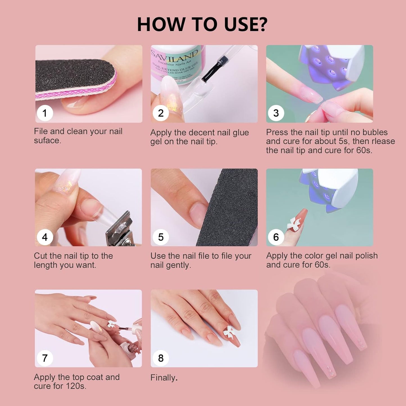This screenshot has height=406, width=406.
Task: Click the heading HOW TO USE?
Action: (x=202, y=24)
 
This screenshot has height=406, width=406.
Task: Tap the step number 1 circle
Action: (x=45, y=113)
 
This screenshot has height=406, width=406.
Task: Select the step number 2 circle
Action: (x=161, y=113)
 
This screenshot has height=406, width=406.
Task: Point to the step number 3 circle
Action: (x=276, y=113)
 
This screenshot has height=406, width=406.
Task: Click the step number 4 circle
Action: (x=45, y=237)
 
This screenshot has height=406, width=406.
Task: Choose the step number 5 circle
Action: (x=161, y=237)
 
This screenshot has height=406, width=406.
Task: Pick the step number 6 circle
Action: (x=276, y=237)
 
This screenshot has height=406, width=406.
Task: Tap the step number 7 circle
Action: (x=45, y=358)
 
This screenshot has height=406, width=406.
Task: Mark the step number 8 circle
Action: (x=161, y=358)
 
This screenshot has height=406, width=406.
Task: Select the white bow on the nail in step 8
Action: (x=229, y=332)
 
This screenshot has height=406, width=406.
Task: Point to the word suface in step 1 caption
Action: (x=47, y=140)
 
